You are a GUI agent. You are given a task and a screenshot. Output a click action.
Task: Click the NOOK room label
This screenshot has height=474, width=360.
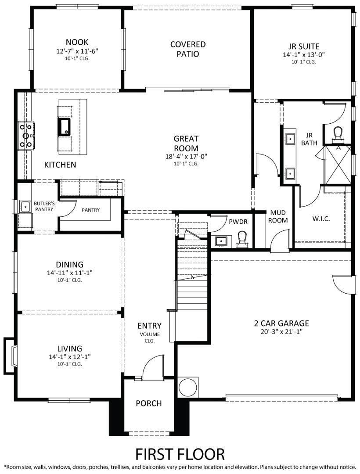tap(77, 42)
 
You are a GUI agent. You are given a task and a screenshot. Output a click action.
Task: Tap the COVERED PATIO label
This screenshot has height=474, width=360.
tap(188, 49)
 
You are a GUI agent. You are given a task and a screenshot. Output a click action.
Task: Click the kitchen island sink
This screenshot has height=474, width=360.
tap(64, 126)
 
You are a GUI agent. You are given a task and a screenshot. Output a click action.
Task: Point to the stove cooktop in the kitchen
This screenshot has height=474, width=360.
tap(26, 135)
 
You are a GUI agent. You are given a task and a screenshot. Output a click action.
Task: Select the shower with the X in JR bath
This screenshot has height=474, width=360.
tap(337, 165)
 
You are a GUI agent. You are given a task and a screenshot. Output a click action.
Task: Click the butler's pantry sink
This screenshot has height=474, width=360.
tap(25, 205)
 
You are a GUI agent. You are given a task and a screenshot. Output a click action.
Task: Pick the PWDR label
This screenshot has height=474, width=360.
tap(238, 222)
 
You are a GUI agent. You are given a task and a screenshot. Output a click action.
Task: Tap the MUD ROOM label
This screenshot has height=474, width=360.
tap(278, 216)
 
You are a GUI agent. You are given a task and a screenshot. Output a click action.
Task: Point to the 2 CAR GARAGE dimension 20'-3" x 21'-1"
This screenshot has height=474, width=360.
tap(281, 332)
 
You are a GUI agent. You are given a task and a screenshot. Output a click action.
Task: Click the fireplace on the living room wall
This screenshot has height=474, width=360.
tap(12, 356)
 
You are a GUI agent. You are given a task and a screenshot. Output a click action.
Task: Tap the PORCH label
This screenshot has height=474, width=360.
tap(148, 403)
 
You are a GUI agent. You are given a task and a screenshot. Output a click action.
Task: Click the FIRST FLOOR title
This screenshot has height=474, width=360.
tap(180, 453)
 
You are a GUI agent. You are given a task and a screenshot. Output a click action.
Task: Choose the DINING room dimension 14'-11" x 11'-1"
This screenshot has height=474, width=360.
tap(70, 273)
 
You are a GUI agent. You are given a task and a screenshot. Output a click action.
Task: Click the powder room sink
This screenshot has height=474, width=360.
tap(220, 241)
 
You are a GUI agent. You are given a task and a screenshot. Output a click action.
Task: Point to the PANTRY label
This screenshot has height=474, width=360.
tap(90, 210)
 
